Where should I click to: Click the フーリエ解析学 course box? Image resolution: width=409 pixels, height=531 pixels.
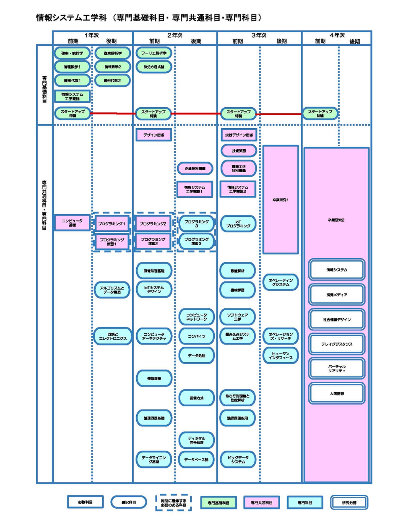tap(154, 53)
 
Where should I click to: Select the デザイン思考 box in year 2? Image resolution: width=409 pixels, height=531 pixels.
tap(154, 135)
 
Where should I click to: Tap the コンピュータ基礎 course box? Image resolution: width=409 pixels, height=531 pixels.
tap(72, 223)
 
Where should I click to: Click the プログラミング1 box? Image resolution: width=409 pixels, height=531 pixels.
tap(112, 224)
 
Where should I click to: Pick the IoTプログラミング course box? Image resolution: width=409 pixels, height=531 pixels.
tap(238, 224)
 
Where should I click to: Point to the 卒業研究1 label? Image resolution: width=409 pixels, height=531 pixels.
tap(280, 200)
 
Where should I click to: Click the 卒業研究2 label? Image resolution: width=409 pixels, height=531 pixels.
tap(336, 220)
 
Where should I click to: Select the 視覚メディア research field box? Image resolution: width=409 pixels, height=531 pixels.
tap(337, 295)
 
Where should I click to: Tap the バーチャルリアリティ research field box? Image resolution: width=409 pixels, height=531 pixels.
tap(337, 369)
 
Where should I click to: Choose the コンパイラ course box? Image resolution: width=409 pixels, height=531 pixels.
tap(196, 336)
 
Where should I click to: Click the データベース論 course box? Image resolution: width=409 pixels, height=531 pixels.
tap(196, 460)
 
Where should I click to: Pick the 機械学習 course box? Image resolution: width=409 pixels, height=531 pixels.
tap(237, 290)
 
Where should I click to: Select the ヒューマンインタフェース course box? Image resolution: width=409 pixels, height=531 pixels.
tap(280, 356)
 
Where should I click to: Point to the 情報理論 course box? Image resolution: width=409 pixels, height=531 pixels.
tap(154, 379)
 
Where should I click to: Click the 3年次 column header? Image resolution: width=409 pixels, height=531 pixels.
tap(259, 35)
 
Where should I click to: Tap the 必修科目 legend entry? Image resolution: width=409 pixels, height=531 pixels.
tap(85, 502)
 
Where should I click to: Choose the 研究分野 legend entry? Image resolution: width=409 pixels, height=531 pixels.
tap(349, 502)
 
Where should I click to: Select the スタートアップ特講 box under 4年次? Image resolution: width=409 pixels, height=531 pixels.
tap(320, 114)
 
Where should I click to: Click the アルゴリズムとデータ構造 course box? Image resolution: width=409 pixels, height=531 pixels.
tap(112, 290)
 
